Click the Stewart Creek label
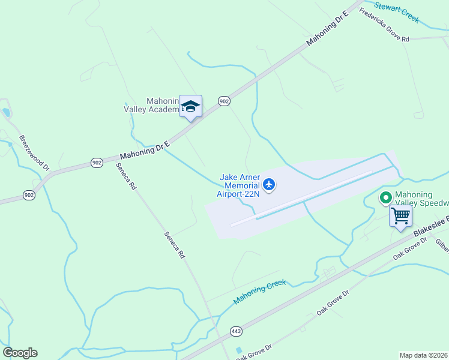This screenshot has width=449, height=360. tap(396, 11)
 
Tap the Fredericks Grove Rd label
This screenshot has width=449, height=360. tap(385, 27)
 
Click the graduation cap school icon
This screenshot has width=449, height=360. tap(190, 107)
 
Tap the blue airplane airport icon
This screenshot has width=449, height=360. tap(268, 184)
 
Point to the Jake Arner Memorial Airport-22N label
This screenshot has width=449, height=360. tap(239, 185)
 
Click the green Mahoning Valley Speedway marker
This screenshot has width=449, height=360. tap(384, 196)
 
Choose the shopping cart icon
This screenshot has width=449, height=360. tap(400, 215)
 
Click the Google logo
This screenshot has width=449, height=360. tap(20, 353)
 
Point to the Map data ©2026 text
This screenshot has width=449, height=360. tap(423, 355)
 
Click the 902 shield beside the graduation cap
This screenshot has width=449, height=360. tap(224, 102)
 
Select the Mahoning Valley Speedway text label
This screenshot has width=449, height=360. tap(421, 201)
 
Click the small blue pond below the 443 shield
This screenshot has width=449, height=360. tap(240, 350)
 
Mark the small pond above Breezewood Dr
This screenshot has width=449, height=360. tap(6, 112)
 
